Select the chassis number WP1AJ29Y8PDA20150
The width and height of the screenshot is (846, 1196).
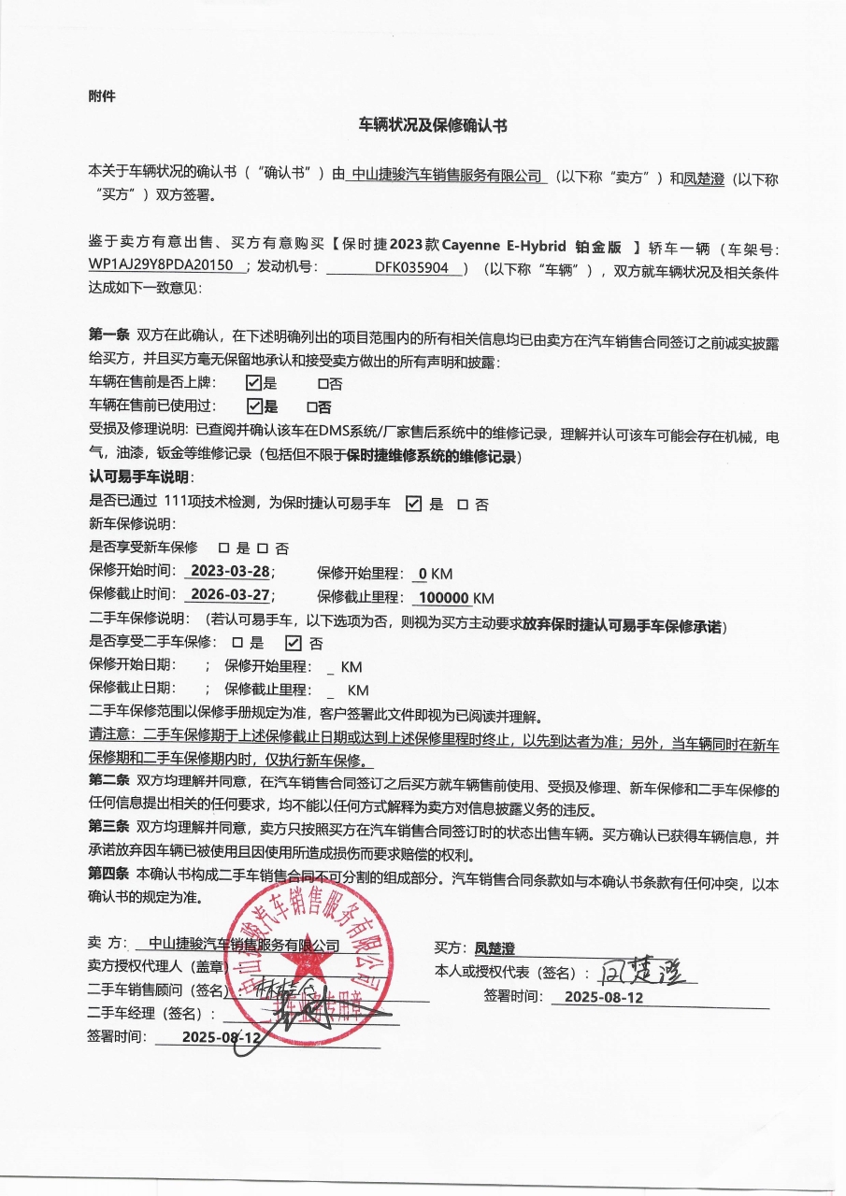(x=160, y=265)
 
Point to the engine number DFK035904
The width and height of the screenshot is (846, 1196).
(x=411, y=266)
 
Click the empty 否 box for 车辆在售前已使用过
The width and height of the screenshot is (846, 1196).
(x=312, y=407)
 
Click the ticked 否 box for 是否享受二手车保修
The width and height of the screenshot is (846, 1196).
(x=293, y=642)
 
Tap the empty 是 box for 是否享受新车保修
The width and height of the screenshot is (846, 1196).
(x=223, y=548)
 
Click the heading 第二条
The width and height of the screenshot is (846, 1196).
(x=108, y=779)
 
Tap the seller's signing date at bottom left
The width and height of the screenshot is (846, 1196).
(x=221, y=1036)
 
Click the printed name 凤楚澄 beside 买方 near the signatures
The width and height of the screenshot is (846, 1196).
(x=495, y=948)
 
